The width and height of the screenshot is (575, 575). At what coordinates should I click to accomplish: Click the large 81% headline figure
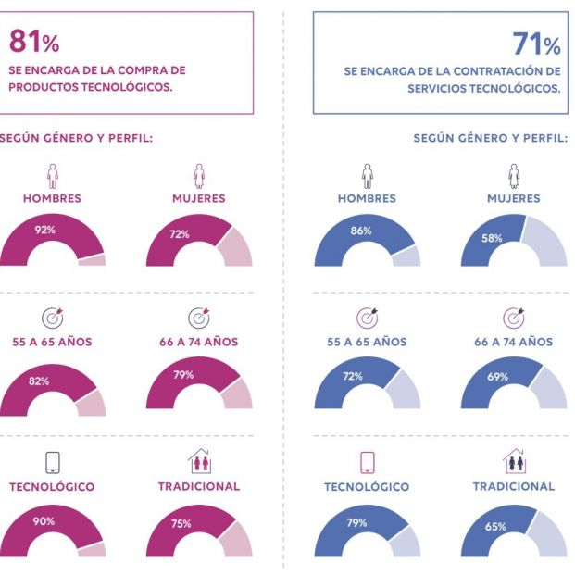[x=35, y=42]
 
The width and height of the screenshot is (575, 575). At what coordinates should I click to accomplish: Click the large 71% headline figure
[x=536, y=44]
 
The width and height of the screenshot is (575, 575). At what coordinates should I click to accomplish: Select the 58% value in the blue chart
[x=492, y=238]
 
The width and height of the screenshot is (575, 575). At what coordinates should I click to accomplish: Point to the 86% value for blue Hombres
[x=361, y=231]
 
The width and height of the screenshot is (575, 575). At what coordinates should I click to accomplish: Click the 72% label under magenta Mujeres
[x=180, y=234]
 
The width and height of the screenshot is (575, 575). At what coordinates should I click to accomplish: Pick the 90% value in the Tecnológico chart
[x=44, y=520]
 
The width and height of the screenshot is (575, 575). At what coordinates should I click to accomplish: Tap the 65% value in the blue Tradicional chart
[x=494, y=526]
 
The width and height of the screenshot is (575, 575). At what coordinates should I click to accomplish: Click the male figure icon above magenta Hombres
[x=53, y=175]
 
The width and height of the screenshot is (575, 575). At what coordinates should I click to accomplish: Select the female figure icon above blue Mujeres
[x=514, y=175]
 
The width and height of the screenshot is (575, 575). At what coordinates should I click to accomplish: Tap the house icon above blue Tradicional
[x=514, y=461]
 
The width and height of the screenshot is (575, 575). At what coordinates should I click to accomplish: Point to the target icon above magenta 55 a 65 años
[x=52, y=318]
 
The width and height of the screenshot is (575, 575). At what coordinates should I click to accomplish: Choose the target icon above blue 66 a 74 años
[x=514, y=318]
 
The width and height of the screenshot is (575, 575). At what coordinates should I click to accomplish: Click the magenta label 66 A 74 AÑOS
[x=198, y=342]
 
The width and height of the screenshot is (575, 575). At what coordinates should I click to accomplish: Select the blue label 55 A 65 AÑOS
[x=367, y=342]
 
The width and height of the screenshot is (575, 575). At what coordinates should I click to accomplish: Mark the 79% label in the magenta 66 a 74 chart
[x=181, y=375]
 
